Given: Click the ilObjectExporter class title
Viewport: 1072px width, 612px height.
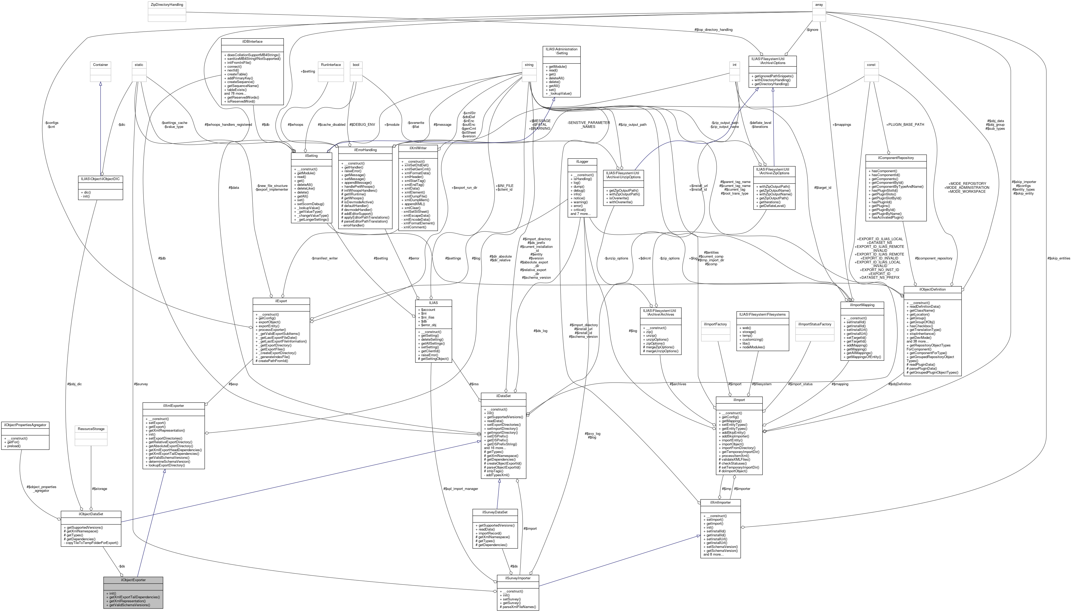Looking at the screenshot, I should pyautogui.click(x=133, y=580).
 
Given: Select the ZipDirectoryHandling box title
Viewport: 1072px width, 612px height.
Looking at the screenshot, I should pyautogui.click(x=166, y=5).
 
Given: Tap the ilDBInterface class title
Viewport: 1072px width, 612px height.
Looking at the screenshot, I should pyautogui.click(x=252, y=42).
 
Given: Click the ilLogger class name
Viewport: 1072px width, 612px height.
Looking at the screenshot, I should pyautogui.click(x=582, y=161).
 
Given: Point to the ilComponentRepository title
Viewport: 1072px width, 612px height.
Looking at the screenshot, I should pyautogui.click(x=896, y=158).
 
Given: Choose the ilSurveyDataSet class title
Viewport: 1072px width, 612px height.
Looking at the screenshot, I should pyautogui.click(x=495, y=512).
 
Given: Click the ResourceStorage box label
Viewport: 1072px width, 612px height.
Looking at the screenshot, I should pyautogui.click(x=91, y=429).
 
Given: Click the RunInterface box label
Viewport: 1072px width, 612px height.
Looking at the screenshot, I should pyautogui.click(x=331, y=65).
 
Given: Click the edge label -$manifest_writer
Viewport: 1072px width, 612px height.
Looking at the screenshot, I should pyautogui.click(x=324, y=258).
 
